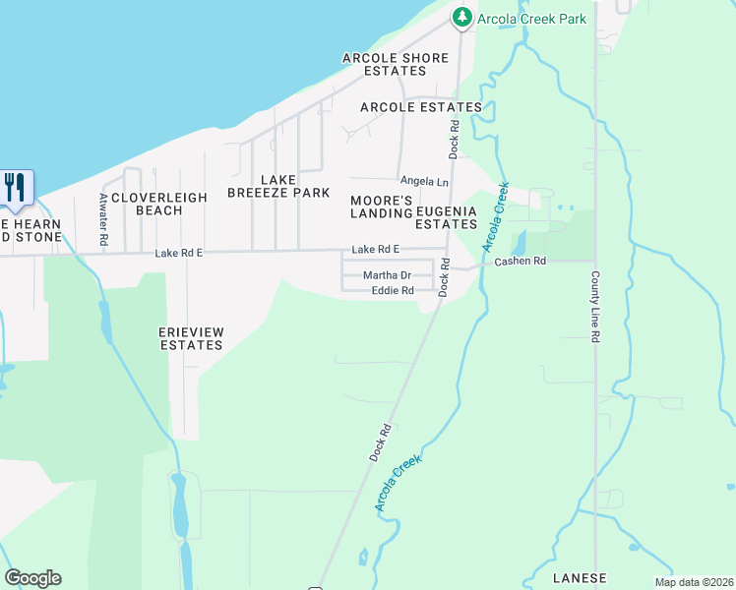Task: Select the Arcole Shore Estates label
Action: click(395, 65)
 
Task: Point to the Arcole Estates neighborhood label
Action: click(421, 107)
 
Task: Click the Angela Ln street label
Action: click(424, 182)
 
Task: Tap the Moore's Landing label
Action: click(382, 206)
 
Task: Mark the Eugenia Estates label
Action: click(446, 217)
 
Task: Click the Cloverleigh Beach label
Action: click(159, 204)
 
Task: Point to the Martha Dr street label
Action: click(387, 276)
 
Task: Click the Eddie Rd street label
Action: click(393, 291)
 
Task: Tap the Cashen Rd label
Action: click(520, 262)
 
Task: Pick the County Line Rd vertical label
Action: click(595, 307)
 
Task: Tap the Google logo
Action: click(32, 578)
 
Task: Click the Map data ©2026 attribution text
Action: click(694, 582)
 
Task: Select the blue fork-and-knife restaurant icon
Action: click(15, 187)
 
